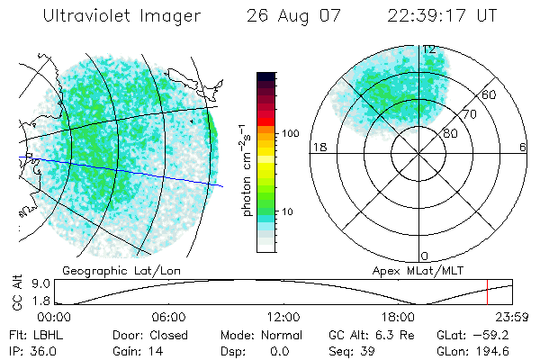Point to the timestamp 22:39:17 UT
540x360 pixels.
point(442,16)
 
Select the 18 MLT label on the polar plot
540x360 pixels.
point(318,148)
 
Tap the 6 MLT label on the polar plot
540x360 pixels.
point(523,148)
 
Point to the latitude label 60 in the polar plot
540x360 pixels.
point(490,94)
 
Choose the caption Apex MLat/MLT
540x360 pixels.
point(406,271)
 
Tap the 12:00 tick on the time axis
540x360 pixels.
point(283,317)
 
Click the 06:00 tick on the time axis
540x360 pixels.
point(169,317)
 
